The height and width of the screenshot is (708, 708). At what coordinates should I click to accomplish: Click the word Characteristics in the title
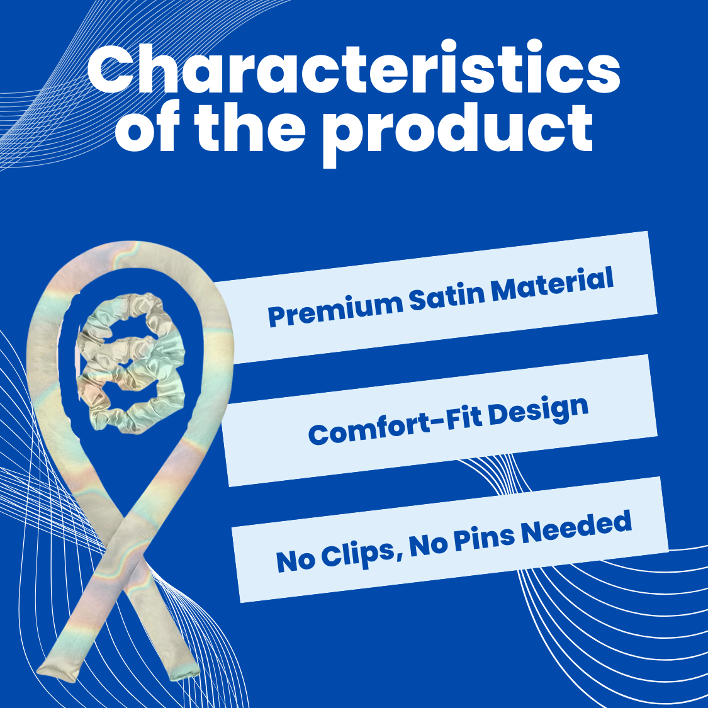tap(354, 67)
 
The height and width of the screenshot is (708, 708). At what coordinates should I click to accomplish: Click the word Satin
tap(447, 295)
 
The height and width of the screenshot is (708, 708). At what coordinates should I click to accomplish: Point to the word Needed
tap(576, 527)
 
